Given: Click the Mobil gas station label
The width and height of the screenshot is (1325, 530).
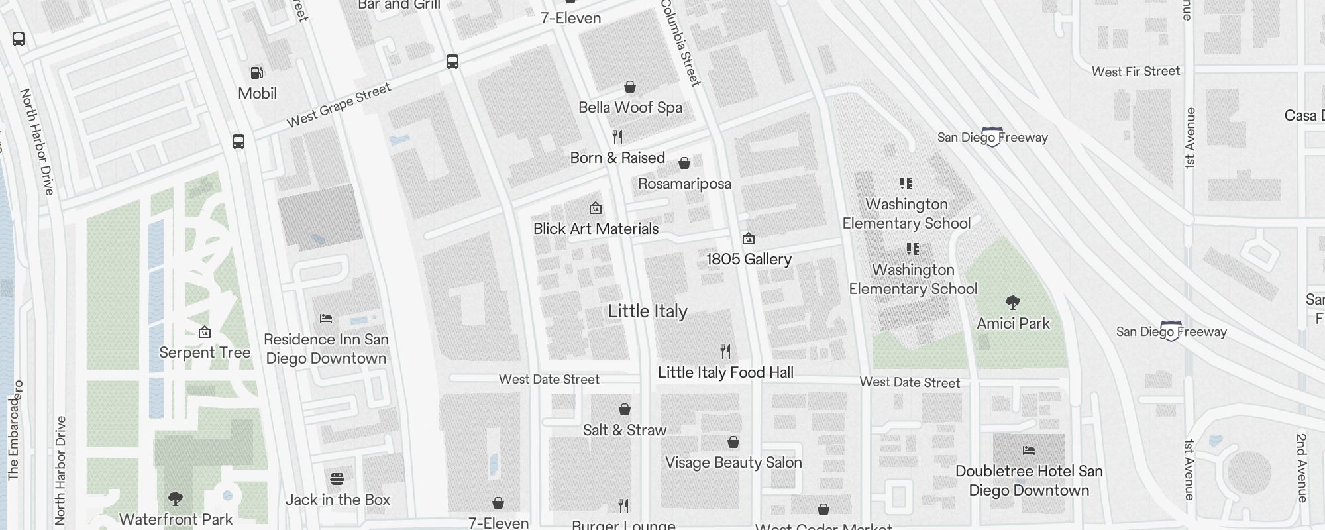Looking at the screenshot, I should [x=257, y=93].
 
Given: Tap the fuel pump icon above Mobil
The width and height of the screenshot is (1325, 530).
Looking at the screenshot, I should [x=256, y=72].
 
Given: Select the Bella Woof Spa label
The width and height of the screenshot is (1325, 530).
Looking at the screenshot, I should [x=630, y=107].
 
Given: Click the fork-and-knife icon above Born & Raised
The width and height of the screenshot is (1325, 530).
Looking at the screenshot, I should [x=617, y=137].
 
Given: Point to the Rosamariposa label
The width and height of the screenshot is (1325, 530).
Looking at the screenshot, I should [x=684, y=184].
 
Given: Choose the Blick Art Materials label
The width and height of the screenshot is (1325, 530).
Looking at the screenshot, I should [x=596, y=229].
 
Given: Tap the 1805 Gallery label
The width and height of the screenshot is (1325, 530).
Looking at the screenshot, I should [x=749, y=259].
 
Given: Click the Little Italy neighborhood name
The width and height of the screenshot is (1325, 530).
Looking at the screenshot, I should [x=647, y=311].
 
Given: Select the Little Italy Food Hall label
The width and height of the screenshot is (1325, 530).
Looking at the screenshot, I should [x=725, y=372].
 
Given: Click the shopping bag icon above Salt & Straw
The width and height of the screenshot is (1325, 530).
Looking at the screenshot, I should [x=624, y=409].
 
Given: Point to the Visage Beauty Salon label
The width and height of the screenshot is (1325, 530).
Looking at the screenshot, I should [x=733, y=462].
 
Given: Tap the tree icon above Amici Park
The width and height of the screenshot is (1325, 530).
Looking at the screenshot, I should [x=1012, y=303].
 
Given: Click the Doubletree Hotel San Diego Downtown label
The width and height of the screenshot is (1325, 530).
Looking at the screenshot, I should [x=1029, y=481].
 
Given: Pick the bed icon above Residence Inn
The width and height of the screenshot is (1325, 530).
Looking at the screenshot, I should [x=325, y=319].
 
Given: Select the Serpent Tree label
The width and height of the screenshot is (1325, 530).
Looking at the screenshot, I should [x=205, y=352].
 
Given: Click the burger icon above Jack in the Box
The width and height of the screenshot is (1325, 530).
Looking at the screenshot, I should [x=337, y=478].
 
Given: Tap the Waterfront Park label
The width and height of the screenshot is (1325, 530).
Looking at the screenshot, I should [x=176, y=519].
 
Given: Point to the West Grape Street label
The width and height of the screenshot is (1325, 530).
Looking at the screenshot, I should [x=339, y=105].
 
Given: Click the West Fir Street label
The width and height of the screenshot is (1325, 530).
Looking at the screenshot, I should [x=1136, y=71].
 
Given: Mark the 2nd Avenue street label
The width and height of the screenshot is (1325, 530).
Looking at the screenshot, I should [x=1301, y=468].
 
